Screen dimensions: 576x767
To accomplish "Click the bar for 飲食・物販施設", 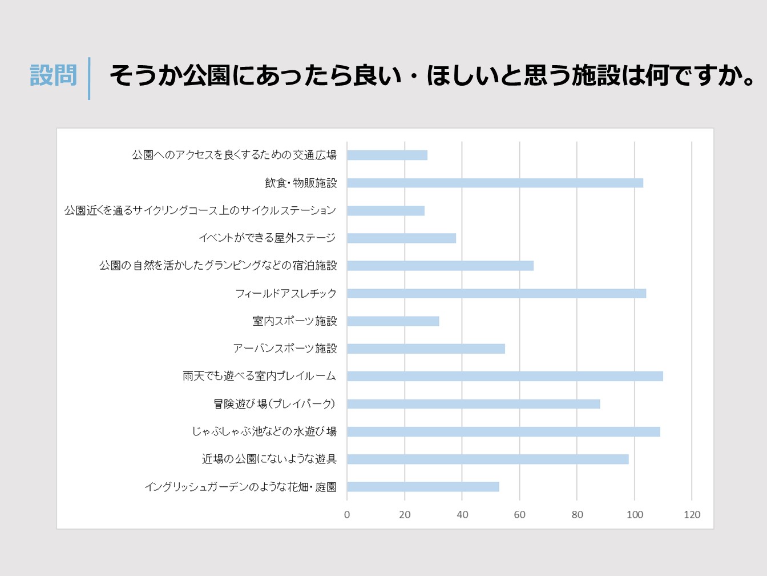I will coord(495,183).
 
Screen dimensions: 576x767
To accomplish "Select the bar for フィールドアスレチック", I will coord(496,293).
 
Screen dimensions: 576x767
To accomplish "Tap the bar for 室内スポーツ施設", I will coord(393,321).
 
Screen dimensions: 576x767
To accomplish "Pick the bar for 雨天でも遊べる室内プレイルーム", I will coord(505,376).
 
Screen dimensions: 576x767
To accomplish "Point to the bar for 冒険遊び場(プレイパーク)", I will coord(474,404).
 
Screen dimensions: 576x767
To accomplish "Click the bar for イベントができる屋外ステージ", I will coord(401,238).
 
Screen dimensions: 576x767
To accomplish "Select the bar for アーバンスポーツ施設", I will coord(426,349).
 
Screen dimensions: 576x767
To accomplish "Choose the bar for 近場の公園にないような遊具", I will coord(488,459).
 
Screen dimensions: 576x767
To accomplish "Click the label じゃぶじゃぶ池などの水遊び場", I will coord(264,431).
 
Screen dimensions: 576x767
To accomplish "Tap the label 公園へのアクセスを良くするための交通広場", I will coord(234,155).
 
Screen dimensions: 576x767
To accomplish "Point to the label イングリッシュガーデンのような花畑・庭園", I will coord(240,487).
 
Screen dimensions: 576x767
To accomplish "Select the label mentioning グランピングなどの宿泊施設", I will coord(218,266).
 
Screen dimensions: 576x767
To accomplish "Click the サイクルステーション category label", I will coord(200,210).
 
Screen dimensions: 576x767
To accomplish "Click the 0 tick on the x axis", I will coord(347,514).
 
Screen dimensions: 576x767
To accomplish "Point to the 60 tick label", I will coord(519,514).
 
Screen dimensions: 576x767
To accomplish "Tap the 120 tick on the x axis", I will coord(692,514).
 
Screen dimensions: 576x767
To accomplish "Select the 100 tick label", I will coord(635,514).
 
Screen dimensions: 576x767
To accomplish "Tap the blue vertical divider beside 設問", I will coord(89,78).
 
